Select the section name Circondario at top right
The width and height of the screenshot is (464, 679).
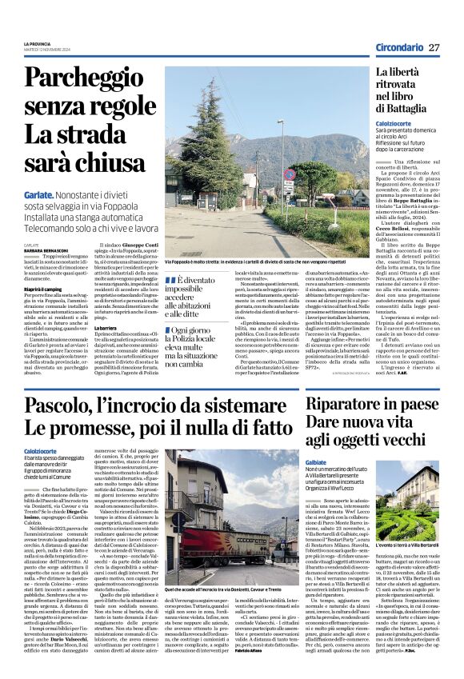(x=399, y=47)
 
